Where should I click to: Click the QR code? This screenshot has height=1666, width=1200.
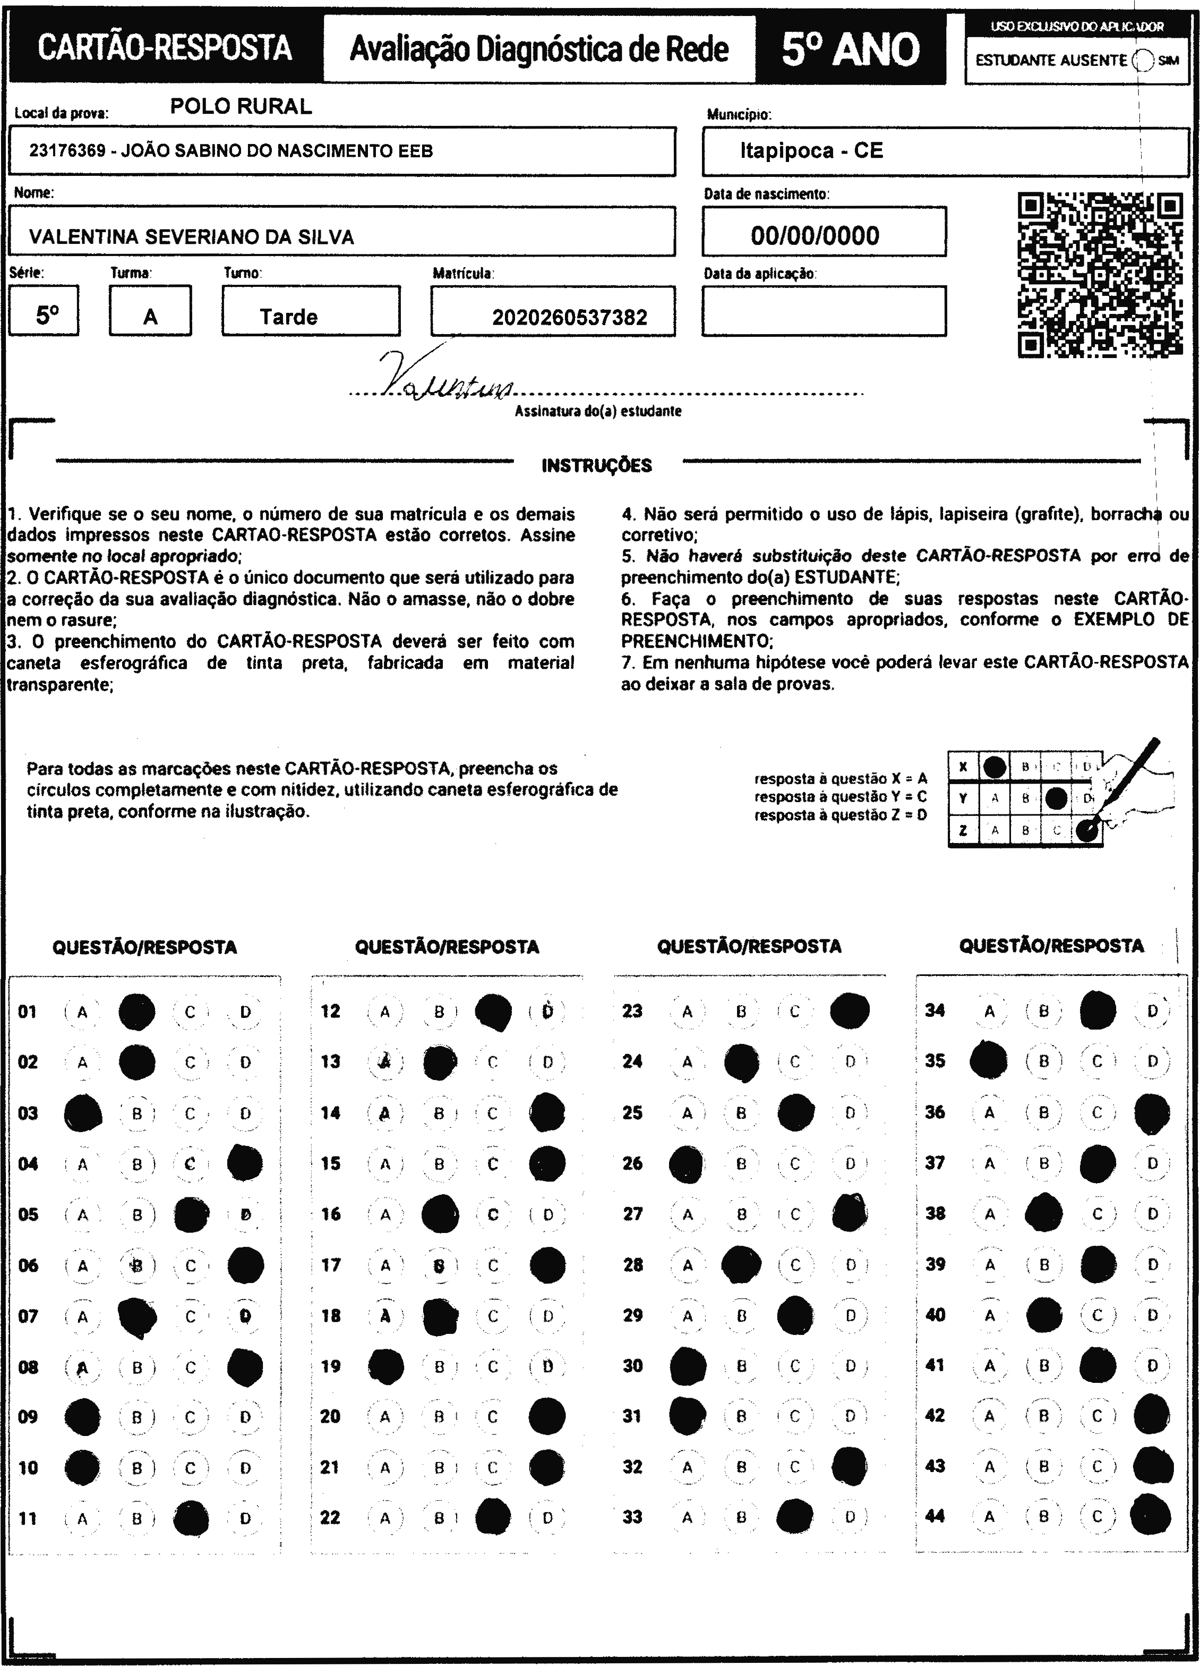coord(1100,275)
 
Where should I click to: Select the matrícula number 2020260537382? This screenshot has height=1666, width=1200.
coord(569,317)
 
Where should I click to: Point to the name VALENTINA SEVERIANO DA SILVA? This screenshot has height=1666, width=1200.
coord(191,236)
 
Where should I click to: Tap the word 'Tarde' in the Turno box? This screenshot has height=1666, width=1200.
coord(289,317)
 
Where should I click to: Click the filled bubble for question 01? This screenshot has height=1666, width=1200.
coord(138,1012)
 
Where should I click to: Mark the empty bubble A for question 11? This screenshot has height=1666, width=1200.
coord(82,1518)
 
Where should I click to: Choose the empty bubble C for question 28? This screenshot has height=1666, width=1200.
coord(795,1265)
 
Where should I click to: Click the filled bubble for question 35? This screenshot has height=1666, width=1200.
coord(989,1061)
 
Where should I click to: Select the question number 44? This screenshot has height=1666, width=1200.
coord(935,1516)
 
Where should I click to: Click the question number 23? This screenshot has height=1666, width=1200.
coord(632,1011)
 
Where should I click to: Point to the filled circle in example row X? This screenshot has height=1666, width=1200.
coord(995,768)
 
